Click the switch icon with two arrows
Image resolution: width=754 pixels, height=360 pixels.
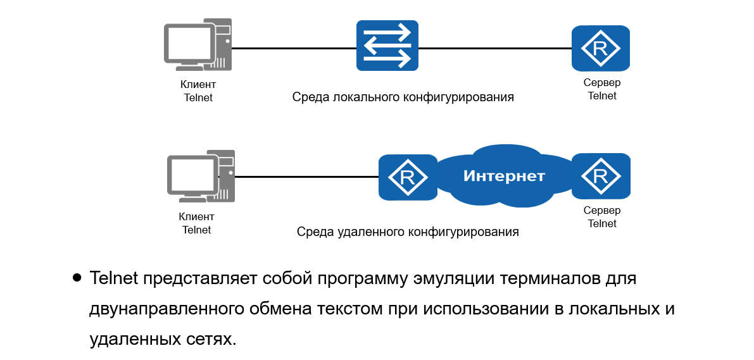point(387,45)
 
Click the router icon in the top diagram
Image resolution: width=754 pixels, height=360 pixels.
point(600,48)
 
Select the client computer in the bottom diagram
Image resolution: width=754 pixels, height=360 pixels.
point(200,177)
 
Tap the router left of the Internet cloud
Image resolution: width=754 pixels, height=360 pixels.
point(408,177)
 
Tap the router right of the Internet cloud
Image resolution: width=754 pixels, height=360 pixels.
point(600,175)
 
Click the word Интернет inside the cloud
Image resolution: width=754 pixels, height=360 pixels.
point(504,176)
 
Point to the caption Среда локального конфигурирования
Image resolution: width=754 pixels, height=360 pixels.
point(403,97)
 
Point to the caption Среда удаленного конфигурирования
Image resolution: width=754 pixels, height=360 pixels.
point(408,232)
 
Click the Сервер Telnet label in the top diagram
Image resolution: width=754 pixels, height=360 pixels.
point(601,89)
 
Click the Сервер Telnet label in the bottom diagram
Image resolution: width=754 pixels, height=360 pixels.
point(601,216)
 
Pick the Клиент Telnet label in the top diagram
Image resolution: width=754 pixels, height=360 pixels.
point(198,91)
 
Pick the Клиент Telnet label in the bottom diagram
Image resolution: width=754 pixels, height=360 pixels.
point(197,223)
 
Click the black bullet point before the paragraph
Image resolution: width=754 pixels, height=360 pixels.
point(77,277)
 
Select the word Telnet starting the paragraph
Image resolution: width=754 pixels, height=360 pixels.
point(115,278)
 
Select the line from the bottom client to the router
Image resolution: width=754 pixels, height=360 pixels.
point(306,177)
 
